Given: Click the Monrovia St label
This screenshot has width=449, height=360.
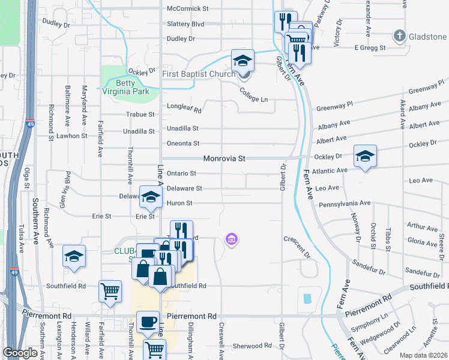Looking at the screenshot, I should click(225, 159).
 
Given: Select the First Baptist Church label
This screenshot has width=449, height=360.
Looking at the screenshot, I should click(199, 74).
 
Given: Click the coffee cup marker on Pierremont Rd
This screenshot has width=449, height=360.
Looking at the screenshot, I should click(148, 322).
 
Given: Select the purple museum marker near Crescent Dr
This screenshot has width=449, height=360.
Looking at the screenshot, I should click(231, 240).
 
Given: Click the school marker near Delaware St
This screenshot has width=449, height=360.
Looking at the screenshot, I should click(151, 196).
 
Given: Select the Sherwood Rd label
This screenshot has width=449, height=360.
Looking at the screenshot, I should click(252, 346).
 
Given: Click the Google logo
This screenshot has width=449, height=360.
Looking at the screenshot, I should click(20, 353).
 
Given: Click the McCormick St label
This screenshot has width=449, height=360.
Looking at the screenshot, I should click(187, 9).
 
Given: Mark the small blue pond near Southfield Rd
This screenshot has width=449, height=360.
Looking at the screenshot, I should click(308, 298).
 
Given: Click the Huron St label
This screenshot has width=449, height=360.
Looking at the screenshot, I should click(179, 203).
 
